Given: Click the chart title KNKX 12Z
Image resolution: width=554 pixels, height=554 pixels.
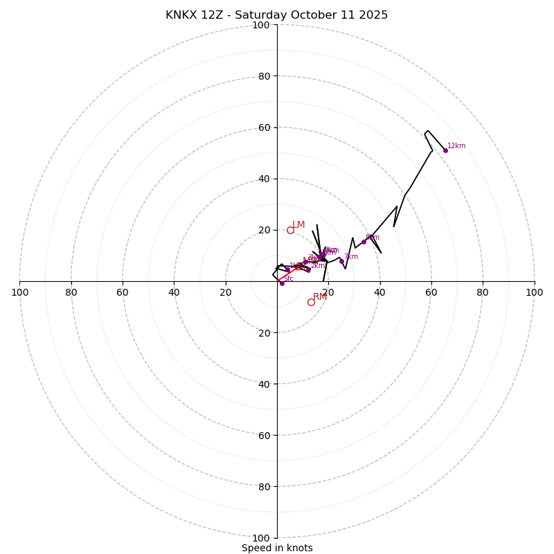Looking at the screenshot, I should coord(276,15).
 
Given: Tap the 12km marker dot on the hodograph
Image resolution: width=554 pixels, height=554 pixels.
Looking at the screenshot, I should coord(445,150).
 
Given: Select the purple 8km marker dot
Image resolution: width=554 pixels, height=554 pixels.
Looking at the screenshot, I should coord(364,242).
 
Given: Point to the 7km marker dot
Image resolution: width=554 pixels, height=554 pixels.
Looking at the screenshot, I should coord(341,261).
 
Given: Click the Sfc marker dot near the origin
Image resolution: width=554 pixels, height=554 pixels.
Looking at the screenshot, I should coord(282,283).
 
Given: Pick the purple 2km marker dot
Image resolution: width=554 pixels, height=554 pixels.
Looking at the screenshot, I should coord(308,270).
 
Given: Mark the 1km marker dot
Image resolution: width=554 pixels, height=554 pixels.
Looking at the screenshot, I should coord(287,269).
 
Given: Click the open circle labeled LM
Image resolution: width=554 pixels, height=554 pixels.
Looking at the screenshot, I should coord(290,230).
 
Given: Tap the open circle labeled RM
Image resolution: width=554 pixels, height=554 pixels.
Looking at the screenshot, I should coord(311,302).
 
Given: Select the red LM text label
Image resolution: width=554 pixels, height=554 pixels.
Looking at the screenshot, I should coord(298,225).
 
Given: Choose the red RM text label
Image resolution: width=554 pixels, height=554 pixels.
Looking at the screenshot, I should coord(320,297).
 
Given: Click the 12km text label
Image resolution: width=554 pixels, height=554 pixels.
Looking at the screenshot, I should coord(456,146).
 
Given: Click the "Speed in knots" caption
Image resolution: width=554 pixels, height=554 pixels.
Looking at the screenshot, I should coord(277,548).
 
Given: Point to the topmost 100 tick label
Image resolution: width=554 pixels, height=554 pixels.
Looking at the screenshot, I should coord(261,25).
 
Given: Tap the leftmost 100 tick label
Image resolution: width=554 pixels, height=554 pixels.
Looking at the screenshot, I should coord(19,292).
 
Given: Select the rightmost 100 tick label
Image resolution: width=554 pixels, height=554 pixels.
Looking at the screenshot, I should coord(535,292).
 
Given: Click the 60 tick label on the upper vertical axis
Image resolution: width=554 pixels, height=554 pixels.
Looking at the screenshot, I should coord(264,127).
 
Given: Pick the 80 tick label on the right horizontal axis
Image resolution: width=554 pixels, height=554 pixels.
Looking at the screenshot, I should coord(483,292).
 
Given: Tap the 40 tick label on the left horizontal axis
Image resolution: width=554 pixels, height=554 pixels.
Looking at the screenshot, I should coord(175,292).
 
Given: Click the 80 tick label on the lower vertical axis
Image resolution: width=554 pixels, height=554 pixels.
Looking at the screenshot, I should coord(264,486).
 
